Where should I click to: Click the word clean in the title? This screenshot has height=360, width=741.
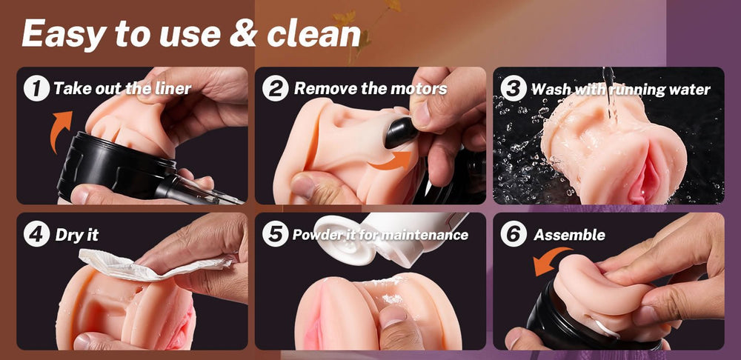(x=313, y=34)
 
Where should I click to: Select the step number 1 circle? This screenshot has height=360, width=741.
(x=36, y=88)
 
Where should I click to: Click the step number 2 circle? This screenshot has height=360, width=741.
(x=276, y=88)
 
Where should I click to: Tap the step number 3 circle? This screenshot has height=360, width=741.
(x=514, y=88)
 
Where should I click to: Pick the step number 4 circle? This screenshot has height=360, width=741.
(x=36, y=234)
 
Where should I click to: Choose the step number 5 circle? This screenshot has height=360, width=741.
(x=276, y=234)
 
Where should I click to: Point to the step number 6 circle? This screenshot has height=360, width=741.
(x=514, y=234)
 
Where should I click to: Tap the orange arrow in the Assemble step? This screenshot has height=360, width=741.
(x=548, y=260)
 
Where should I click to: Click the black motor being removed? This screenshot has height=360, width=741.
(x=401, y=133)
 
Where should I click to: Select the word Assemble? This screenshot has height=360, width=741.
(x=569, y=235)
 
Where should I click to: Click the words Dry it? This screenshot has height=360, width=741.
(x=77, y=235)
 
